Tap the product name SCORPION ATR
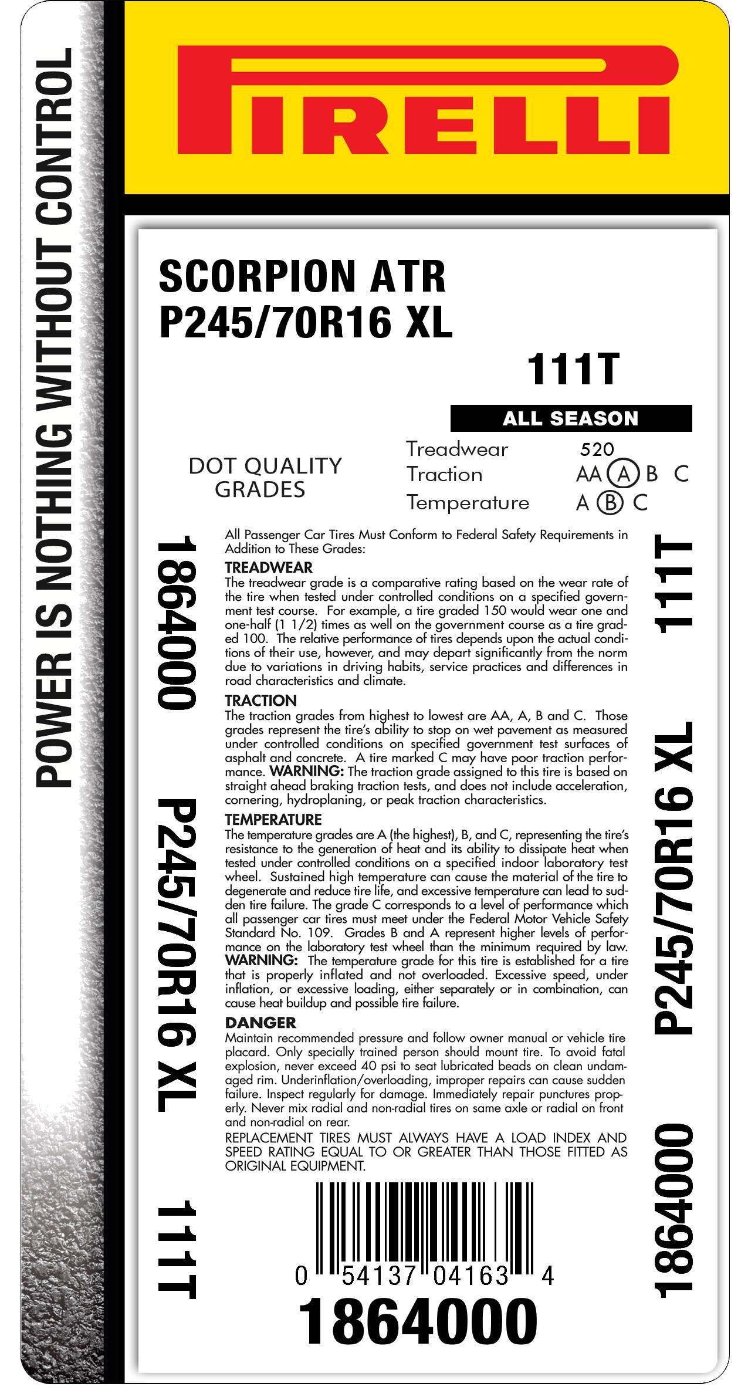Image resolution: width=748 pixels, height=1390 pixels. pyautogui.click(x=302, y=277)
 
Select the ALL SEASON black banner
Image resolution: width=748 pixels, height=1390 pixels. pyautogui.click(x=570, y=418)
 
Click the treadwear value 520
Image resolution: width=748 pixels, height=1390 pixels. pyautogui.click(x=596, y=449)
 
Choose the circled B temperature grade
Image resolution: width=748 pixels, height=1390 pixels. pyautogui.click(x=610, y=503)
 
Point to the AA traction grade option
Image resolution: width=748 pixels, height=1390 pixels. pyautogui.click(x=588, y=474)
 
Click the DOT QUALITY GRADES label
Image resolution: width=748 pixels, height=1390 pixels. pyautogui.click(x=265, y=477)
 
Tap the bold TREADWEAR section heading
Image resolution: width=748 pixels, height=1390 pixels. pyautogui.click(x=269, y=567)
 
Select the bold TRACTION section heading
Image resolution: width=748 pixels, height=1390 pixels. pyautogui.click(x=261, y=700)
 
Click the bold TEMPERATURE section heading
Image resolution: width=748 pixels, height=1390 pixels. pyautogui.click(x=273, y=819)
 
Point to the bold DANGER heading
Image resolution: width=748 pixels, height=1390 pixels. pyautogui.click(x=260, y=1022)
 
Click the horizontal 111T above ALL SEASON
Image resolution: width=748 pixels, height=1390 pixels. pyautogui.click(x=573, y=370)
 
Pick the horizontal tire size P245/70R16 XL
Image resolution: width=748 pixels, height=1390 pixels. pyautogui.click(x=306, y=324)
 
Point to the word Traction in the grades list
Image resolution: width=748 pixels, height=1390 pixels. pyautogui.click(x=445, y=474)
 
